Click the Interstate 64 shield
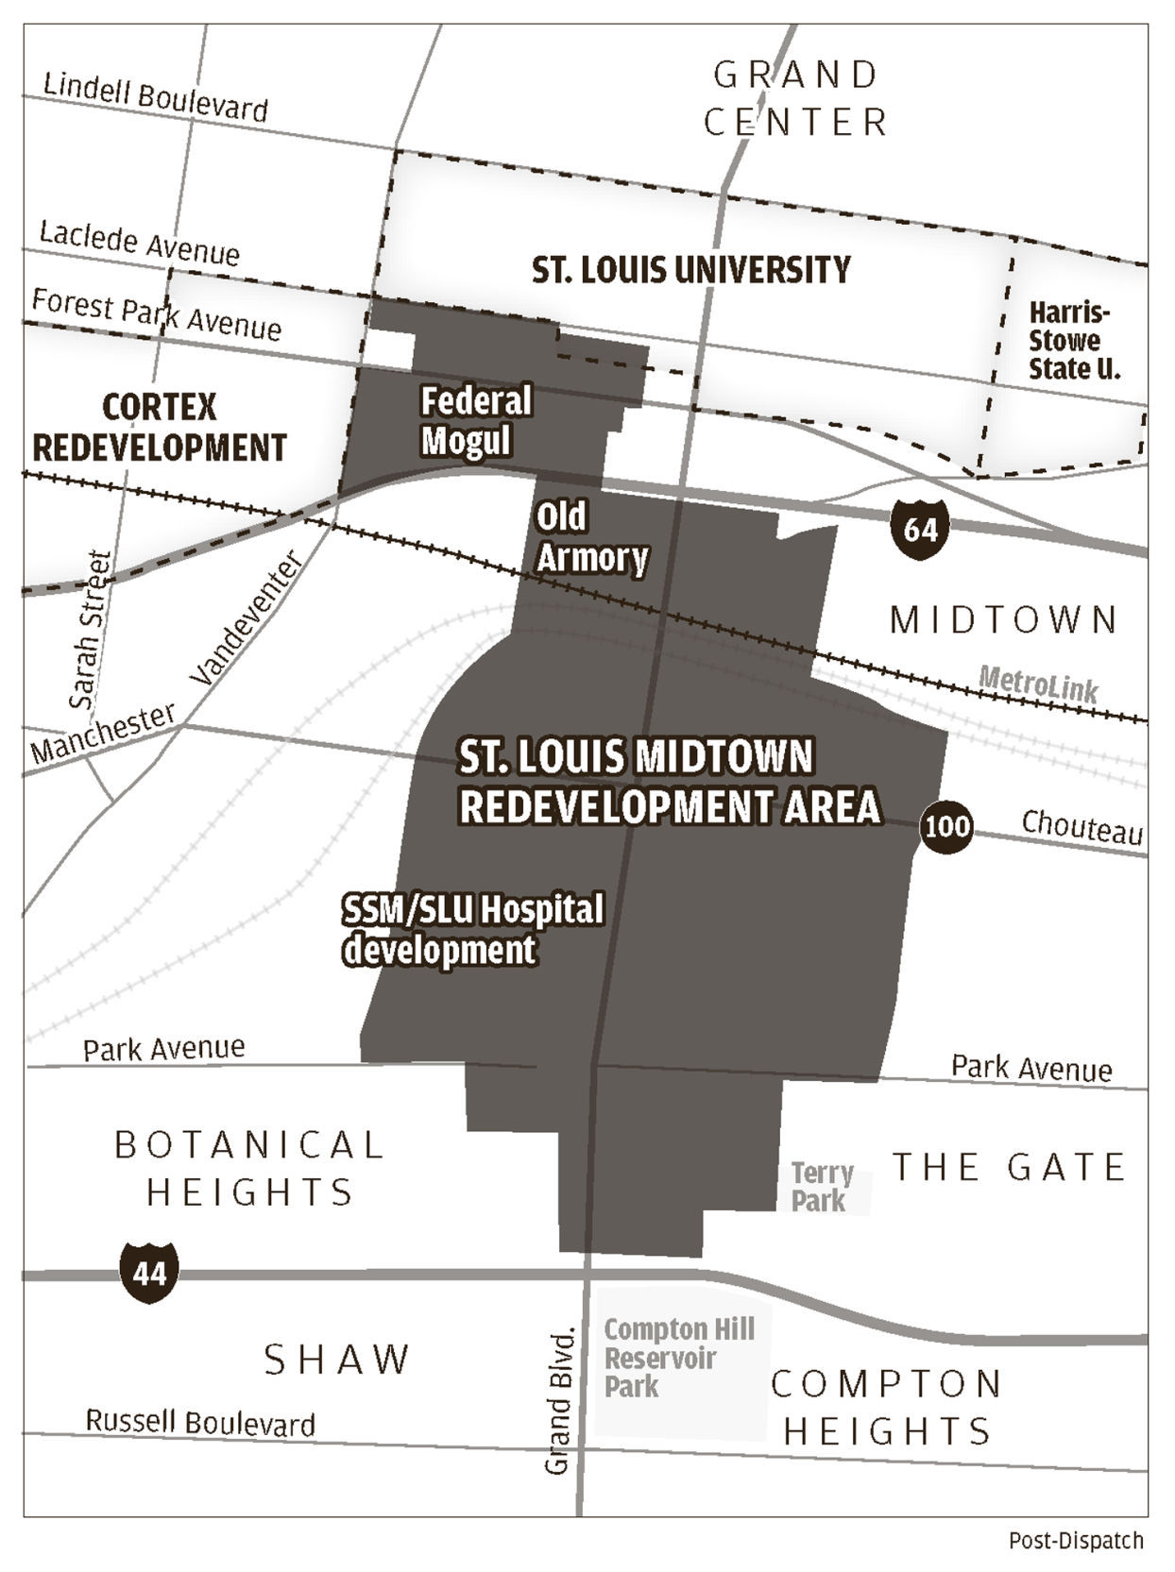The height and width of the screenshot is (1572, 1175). tap(919, 529)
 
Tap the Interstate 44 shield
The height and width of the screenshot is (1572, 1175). tap(149, 1274)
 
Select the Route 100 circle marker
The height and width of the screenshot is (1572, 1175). tap(946, 827)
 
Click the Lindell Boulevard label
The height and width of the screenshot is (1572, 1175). tap(156, 97)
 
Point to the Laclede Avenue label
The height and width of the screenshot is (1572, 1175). tap(139, 244)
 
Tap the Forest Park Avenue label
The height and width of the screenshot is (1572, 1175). tap(156, 314)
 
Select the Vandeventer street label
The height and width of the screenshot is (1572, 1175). tap(247, 619)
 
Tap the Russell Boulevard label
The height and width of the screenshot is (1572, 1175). tap(200, 1422)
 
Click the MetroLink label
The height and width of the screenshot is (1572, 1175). tap(1038, 683)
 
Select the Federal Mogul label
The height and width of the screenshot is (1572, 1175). tap(475, 420)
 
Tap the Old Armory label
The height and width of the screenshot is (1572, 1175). tap(591, 537)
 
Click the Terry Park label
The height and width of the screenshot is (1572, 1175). tap(822, 1187)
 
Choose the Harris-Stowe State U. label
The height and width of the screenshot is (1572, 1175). tap(1074, 340)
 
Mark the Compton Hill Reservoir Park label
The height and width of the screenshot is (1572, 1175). tap(678, 1358)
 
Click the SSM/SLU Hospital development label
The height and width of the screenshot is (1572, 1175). tap(472, 929)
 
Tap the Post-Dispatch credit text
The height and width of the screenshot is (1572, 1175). tap(1076, 1541)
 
